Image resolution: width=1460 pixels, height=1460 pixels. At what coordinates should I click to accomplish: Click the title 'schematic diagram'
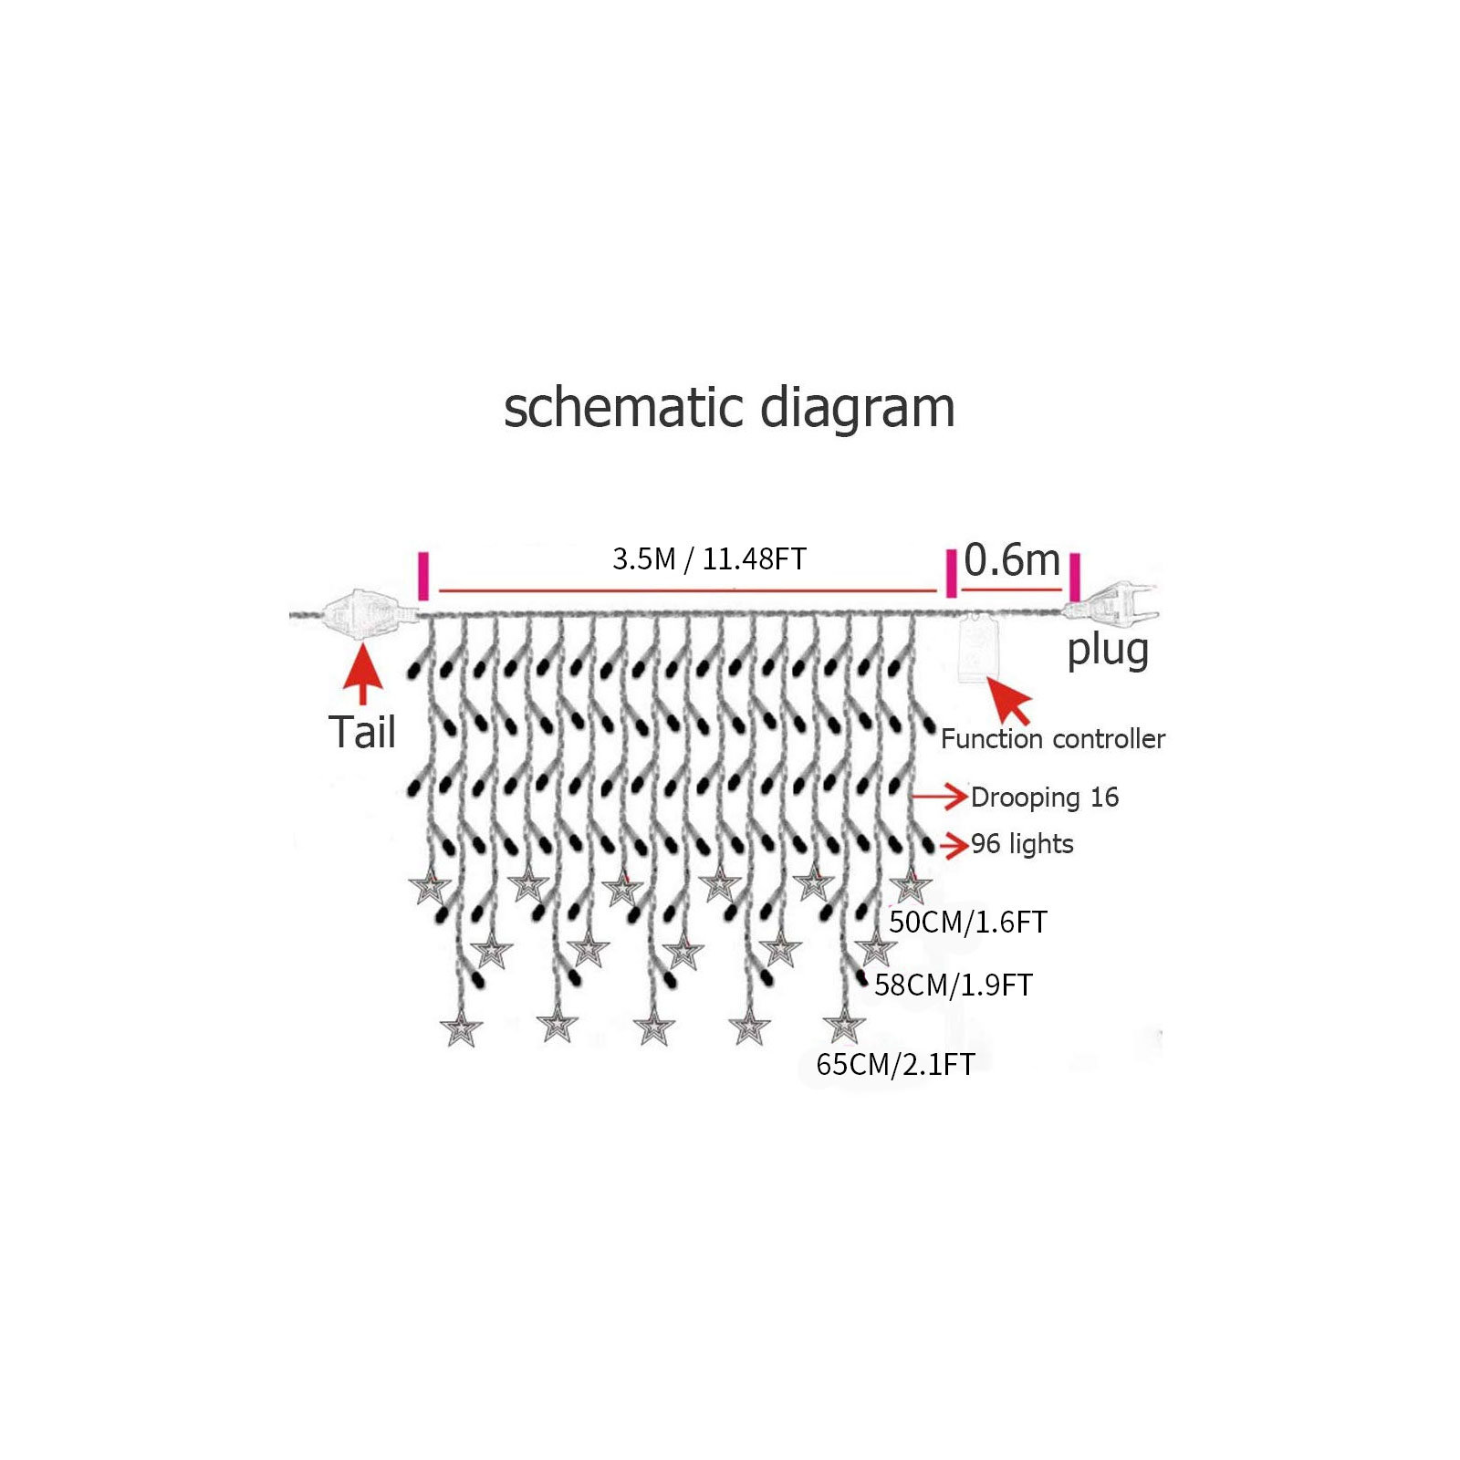[729, 408]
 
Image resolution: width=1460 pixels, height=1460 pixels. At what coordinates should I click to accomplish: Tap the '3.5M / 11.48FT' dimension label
[709, 558]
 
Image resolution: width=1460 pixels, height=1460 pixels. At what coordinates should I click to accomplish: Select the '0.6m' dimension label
[1012, 559]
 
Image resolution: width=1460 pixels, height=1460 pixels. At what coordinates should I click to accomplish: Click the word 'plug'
[1108, 652]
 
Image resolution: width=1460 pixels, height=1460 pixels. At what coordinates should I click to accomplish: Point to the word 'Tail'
[362, 732]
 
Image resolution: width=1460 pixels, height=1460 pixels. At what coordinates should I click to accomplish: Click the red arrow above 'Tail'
[363, 673]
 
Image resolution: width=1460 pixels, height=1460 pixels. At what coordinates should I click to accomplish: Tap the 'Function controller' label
[1053, 738]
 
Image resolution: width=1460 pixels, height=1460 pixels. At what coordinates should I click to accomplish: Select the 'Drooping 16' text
[1045, 798]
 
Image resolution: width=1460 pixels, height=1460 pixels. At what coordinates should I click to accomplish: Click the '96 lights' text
[1022, 844]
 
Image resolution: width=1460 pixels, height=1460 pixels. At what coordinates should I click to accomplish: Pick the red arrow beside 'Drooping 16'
[940, 797]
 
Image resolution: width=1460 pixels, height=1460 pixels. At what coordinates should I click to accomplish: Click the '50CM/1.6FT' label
[968, 922]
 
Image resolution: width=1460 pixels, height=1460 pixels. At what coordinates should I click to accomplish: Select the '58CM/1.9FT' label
[954, 985]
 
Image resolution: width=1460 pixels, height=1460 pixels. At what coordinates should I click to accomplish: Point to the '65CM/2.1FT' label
[895, 1064]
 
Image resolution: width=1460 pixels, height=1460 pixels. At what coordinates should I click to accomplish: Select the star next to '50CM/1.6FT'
[911, 886]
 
